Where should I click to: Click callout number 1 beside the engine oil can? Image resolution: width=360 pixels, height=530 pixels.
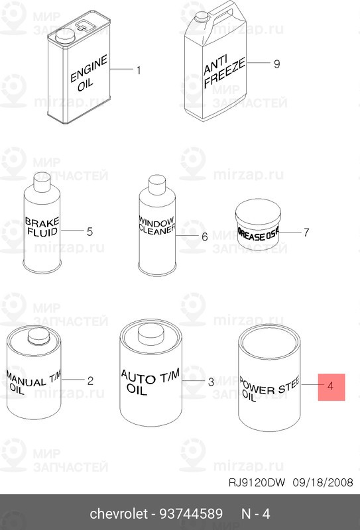[x=139, y=70]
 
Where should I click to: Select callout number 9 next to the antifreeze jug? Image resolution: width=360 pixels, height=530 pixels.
[x=277, y=64]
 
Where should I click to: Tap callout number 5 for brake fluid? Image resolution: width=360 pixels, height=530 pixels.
[x=90, y=231]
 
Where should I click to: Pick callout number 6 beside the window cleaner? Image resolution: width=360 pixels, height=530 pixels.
[x=204, y=236]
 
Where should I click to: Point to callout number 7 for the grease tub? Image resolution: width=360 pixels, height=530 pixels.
[x=306, y=233]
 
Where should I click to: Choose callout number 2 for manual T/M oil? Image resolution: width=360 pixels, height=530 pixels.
[x=90, y=380]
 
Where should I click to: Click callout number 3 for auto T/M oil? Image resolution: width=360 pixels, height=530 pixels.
[x=210, y=382]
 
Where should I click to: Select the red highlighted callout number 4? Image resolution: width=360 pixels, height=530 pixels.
[x=331, y=386]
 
